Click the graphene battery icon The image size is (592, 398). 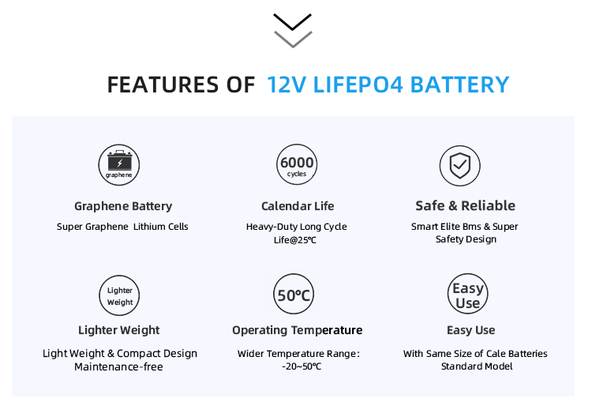(120, 165)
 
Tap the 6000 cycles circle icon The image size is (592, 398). (296, 165)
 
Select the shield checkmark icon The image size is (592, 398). (459, 165)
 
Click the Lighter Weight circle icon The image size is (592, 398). (120, 295)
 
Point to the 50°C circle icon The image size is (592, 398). (294, 295)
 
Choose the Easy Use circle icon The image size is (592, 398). (467, 295)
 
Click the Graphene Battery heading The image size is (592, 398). (123, 206)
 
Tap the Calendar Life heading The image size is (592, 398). (297, 206)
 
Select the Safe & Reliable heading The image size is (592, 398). (465, 206)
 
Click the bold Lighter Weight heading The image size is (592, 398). (119, 330)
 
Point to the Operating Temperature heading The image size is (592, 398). (297, 330)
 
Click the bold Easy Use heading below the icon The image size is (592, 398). (470, 330)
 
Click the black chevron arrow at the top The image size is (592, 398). (292, 21)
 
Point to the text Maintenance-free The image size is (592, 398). (119, 366)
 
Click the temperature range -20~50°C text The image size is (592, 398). (302, 366)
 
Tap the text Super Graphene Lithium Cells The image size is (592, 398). (122, 227)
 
